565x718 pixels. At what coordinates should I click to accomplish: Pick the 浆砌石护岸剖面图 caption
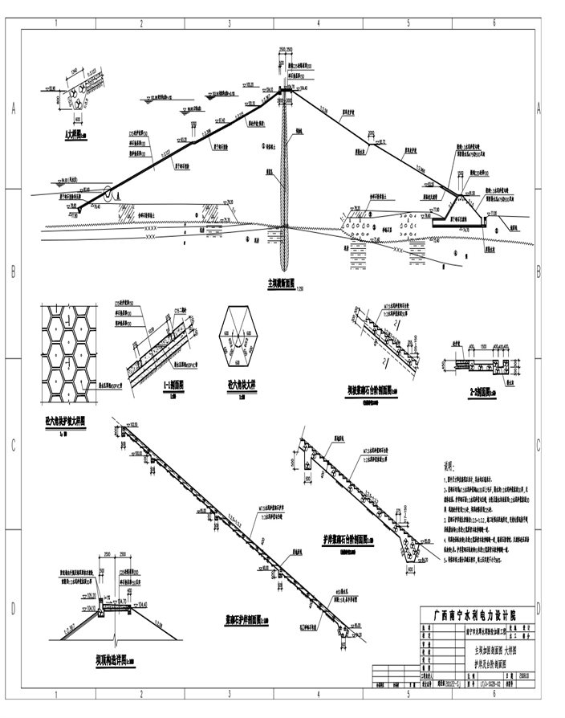pos(246,620)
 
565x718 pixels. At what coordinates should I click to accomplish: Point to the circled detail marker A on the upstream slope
pos(108,193)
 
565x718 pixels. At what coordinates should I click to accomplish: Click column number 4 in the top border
pos(319,23)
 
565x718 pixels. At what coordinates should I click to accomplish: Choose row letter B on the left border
pos(13,271)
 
